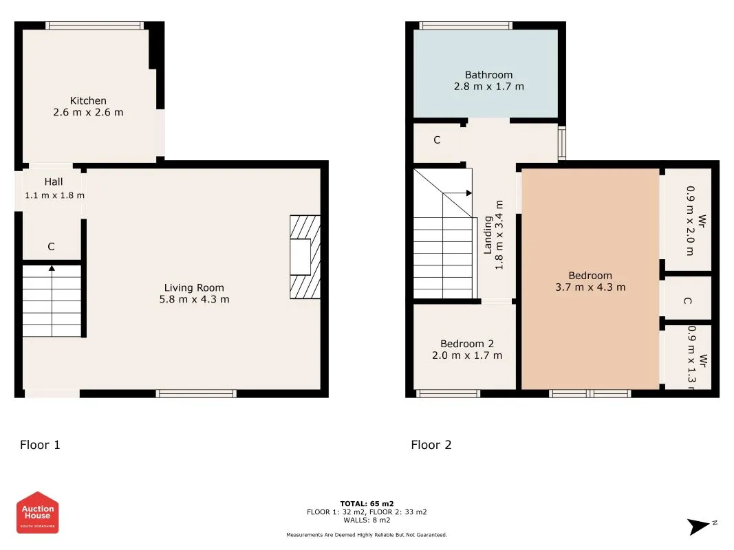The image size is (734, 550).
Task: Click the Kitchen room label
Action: point(88,100)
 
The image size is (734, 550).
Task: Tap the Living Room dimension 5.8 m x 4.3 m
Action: point(194,299)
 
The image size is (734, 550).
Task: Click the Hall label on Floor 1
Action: point(54,182)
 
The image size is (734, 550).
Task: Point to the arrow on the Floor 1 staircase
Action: point(52,269)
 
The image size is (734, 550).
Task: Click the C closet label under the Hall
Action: point(51,247)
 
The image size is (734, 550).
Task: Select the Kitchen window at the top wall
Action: point(94,26)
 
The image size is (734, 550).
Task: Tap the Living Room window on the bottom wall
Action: point(196,393)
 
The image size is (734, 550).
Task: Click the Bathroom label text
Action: point(488,75)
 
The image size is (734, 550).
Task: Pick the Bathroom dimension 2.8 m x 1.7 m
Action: point(488,87)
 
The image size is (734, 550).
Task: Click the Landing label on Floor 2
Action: point(488,235)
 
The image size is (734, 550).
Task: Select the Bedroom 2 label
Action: point(467,344)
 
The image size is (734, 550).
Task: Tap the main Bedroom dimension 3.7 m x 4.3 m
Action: point(590,287)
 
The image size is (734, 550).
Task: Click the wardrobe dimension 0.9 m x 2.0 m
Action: point(689,220)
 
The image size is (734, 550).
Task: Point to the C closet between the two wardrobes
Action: point(687,301)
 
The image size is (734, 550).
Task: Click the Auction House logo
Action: point(38,512)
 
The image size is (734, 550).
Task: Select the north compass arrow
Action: point(701,527)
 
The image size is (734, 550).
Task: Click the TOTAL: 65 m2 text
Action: point(367,504)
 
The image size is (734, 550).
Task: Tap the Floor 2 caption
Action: point(431,445)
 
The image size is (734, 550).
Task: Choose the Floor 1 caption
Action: point(40,445)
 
